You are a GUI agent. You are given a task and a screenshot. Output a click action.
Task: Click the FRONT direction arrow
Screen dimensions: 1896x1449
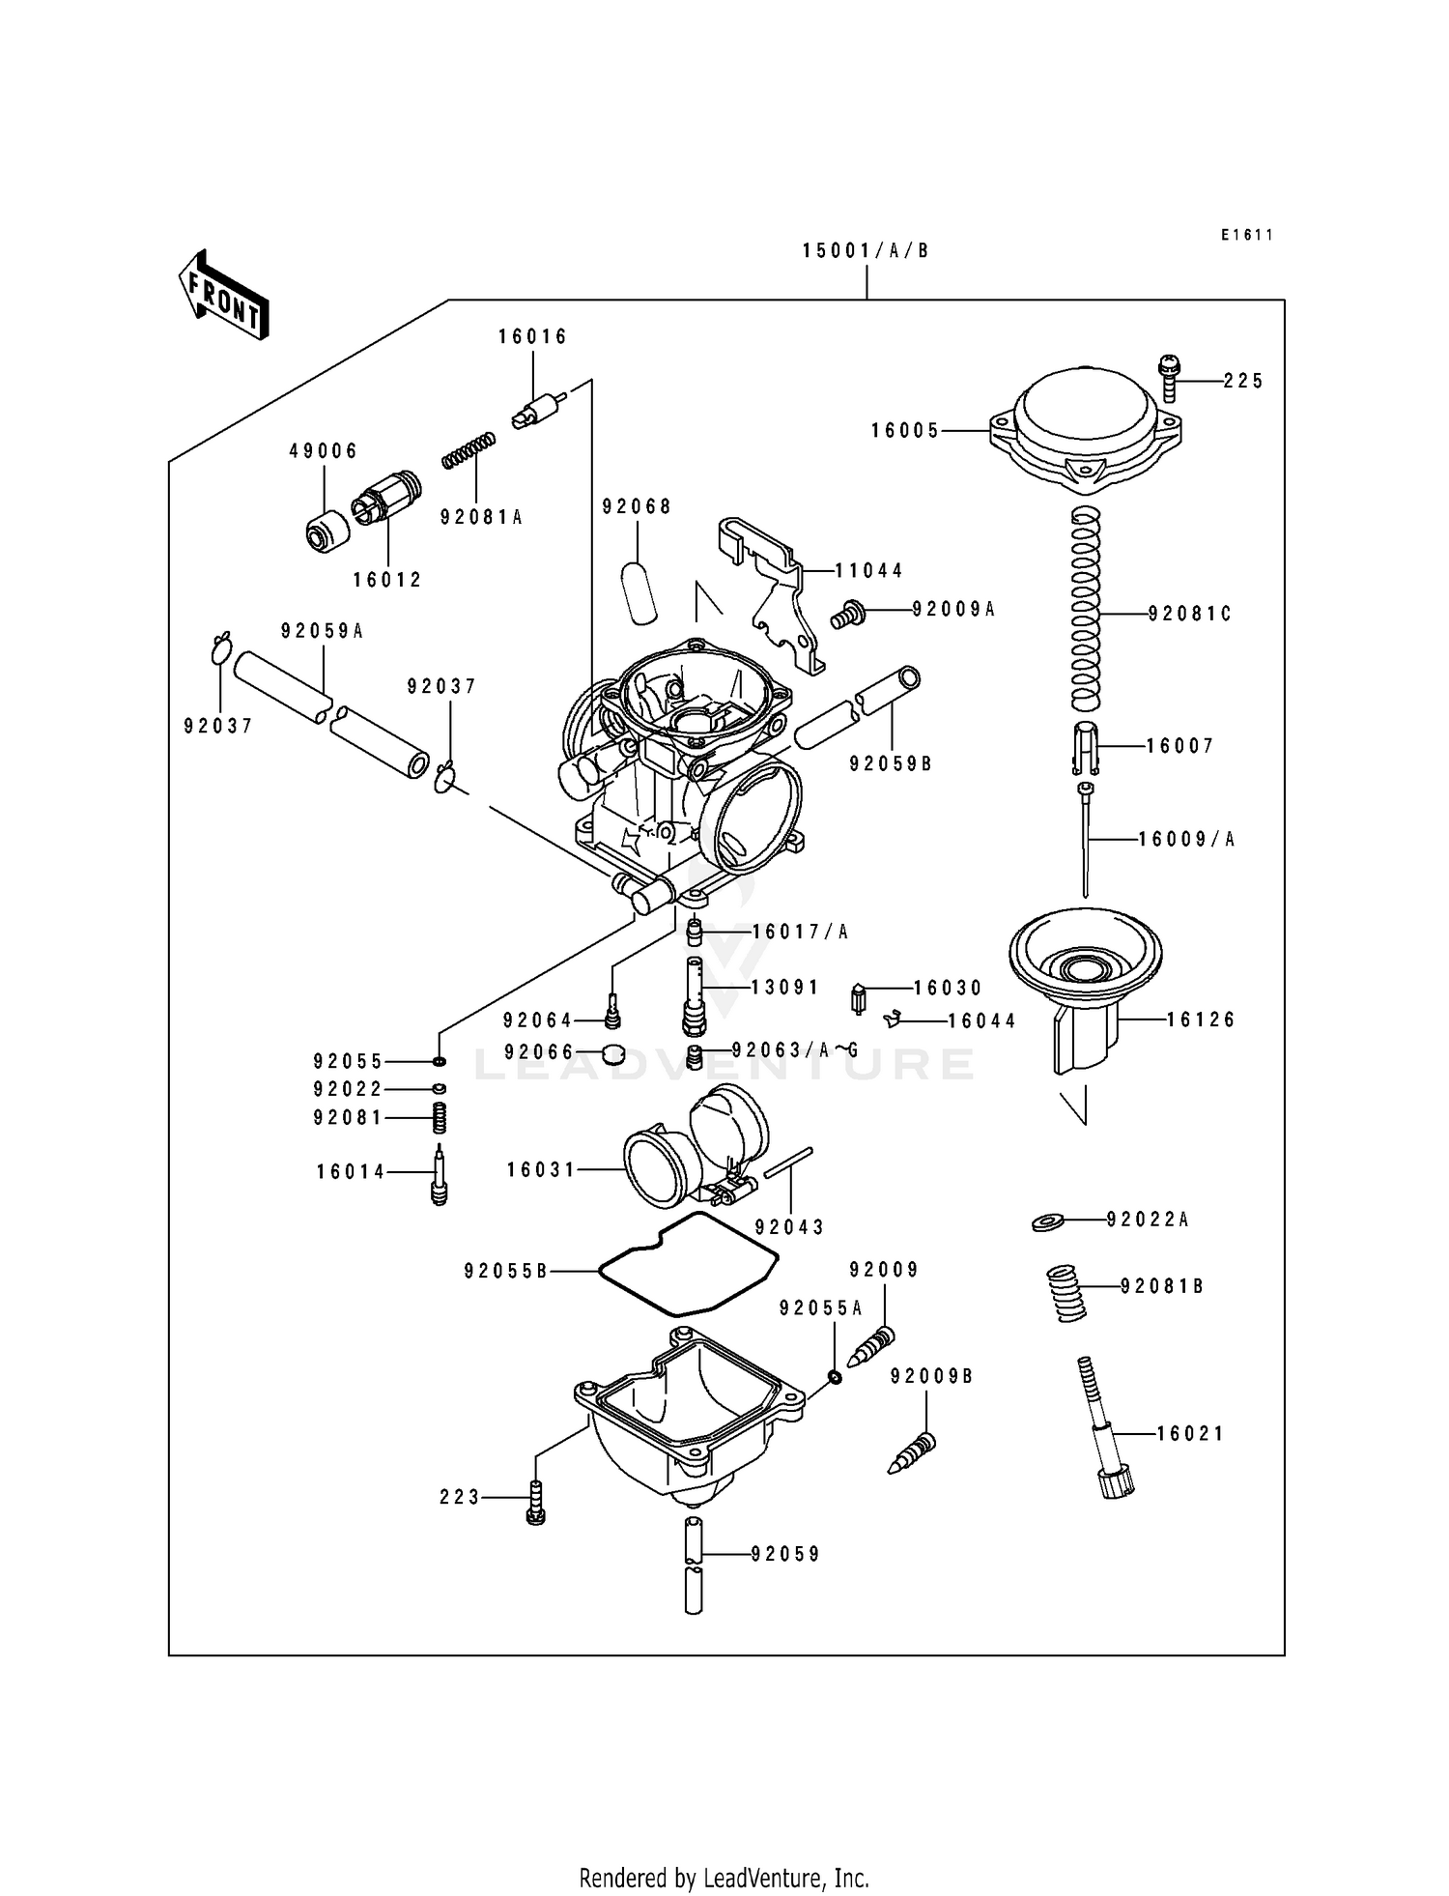point(222,294)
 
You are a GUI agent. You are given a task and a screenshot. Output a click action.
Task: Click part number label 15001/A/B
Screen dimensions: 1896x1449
point(866,251)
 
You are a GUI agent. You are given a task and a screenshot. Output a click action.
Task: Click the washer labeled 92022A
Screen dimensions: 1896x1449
point(1047,1221)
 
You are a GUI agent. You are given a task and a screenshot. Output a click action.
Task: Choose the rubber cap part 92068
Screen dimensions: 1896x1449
point(639,589)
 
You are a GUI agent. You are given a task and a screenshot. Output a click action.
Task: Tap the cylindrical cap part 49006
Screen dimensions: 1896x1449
point(328,531)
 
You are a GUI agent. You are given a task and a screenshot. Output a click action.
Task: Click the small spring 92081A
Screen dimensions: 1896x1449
point(469,450)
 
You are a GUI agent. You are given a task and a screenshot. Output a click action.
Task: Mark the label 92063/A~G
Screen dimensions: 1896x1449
point(795,1050)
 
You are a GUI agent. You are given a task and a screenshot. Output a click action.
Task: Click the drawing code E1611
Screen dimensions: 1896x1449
point(1246,235)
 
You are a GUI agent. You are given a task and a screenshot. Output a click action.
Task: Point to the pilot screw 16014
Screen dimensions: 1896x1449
point(440,1174)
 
